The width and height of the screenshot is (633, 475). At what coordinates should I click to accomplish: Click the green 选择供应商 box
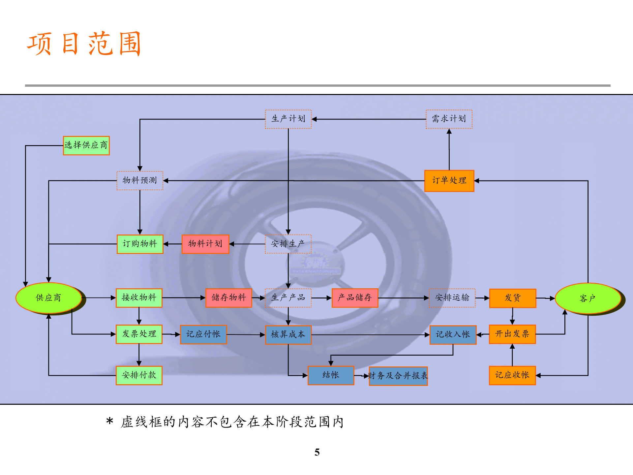point(86,145)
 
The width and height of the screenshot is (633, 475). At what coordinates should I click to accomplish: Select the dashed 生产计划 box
point(288,119)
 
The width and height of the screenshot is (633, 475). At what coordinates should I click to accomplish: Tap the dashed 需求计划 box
point(449,119)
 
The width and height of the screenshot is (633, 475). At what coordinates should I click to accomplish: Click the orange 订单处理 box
point(449,181)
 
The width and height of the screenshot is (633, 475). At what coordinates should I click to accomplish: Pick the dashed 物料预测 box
point(140,180)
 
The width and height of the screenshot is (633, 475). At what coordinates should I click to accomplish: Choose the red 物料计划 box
point(205,244)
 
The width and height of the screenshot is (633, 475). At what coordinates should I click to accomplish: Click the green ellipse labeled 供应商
point(48,298)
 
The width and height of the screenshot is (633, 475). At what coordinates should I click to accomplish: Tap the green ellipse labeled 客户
point(588,299)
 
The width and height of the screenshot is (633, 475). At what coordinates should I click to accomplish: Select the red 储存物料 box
point(228,298)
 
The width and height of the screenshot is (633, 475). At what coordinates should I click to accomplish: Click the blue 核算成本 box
point(288,335)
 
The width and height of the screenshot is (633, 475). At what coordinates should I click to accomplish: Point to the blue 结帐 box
point(331,375)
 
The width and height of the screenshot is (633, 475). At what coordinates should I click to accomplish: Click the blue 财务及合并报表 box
point(398,376)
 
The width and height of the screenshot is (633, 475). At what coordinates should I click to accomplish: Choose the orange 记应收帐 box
point(512,375)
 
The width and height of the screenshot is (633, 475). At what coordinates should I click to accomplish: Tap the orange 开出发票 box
point(512,334)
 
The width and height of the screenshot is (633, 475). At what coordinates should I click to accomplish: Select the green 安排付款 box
point(139,375)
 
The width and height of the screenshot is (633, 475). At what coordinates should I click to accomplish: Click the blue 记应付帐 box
point(203,334)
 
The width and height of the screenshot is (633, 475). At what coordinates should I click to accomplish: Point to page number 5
point(317,452)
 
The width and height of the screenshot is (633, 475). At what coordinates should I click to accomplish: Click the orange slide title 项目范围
point(84,44)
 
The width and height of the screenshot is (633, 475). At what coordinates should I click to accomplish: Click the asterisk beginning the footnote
point(110,421)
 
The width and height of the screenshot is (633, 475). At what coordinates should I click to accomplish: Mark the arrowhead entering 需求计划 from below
point(449,132)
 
